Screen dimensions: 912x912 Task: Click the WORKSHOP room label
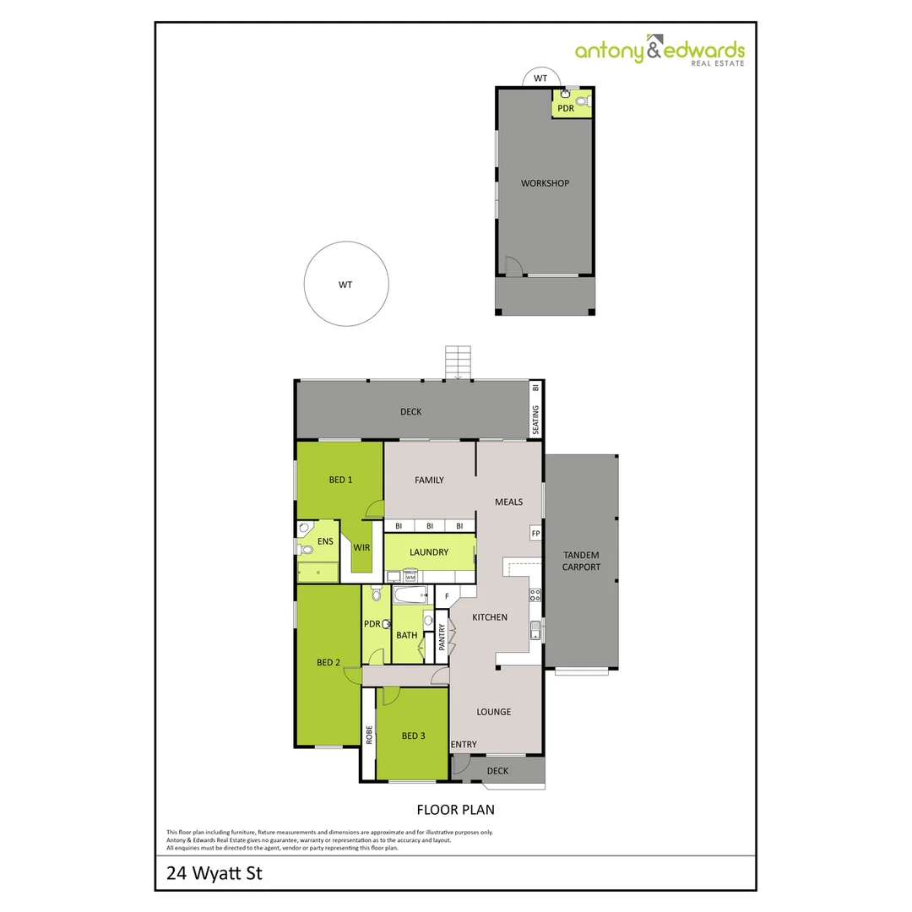(545, 183)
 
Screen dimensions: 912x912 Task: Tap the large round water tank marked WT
(346, 284)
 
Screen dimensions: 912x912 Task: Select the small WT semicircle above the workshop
(541, 78)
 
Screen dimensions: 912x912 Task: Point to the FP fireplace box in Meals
(535, 533)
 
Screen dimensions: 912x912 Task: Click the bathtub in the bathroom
(410, 595)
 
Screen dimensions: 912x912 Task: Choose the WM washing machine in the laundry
(410, 577)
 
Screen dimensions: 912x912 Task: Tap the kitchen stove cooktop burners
(535, 595)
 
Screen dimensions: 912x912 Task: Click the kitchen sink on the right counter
(535, 630)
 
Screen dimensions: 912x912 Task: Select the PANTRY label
(442, 637)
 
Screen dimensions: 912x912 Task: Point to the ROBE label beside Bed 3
(369, 735)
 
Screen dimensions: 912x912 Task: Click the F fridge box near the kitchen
(447, 596)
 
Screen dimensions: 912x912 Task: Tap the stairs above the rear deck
(458, 362)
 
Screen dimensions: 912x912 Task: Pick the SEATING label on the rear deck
(535, 420)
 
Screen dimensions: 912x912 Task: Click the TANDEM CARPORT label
(581, 561)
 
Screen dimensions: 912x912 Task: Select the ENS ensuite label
(325, 541)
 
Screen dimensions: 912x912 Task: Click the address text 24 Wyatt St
(214, 873)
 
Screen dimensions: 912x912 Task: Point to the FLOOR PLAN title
(455, 810)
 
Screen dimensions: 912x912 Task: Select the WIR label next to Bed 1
(361, 547)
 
